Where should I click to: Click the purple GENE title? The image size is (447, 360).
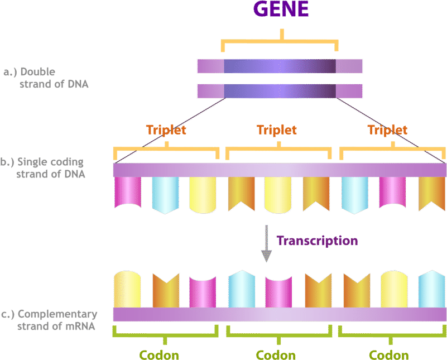pyautogui.click(x=280, y=10)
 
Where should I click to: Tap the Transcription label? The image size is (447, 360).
pyautogui.click(x=317, y=241)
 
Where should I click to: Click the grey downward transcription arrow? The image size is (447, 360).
pyautogui.click(x=267, y=243)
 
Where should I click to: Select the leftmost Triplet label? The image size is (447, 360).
pyautogui.click(x=166, y=130)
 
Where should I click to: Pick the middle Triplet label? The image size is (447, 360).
pyautogui.click(x=277, y=130)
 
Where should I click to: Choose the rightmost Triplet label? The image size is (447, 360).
pyautogui.click(x=387, y=130)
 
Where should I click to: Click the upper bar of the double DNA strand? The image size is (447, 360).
pyautogui.click(x=280, y=66)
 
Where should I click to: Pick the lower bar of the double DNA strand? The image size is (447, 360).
pyautogui.click(x=280, y=90)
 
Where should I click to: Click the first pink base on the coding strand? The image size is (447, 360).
pyautogui.click(x=128, y=193)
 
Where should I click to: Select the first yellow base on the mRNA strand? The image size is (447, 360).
pyautogui.click(x=127, y=289)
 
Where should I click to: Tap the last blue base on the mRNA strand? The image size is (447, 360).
pyautogui.click(x=431, y=289)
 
